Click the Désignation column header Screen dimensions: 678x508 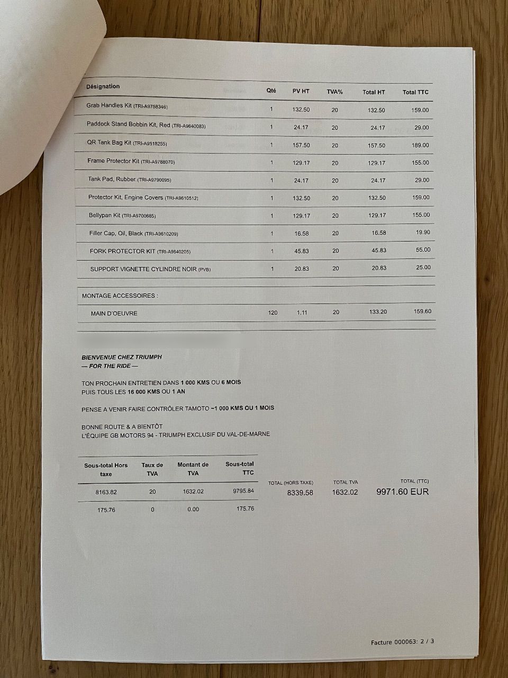click(103, 86)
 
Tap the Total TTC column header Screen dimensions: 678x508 click(415, 92)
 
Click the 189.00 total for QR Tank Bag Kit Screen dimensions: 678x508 click(421, 145)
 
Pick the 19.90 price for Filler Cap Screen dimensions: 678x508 click(423, 232)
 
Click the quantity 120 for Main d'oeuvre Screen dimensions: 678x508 click(273, 313)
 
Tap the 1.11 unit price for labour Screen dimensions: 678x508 click(302, 313)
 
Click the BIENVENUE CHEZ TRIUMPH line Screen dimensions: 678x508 click(122, 357)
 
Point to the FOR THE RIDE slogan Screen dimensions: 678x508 click(110, 366)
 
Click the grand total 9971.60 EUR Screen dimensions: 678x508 click(402, 492)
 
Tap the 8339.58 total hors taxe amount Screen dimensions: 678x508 click(300, 493)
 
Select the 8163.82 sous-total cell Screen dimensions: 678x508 click(106, 492)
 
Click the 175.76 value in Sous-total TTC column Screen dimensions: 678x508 click(245, 508)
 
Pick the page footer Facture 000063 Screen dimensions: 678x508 click(403, 642)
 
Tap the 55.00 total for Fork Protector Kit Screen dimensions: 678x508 click(423, 249)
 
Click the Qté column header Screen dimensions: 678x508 click(271, 91)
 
